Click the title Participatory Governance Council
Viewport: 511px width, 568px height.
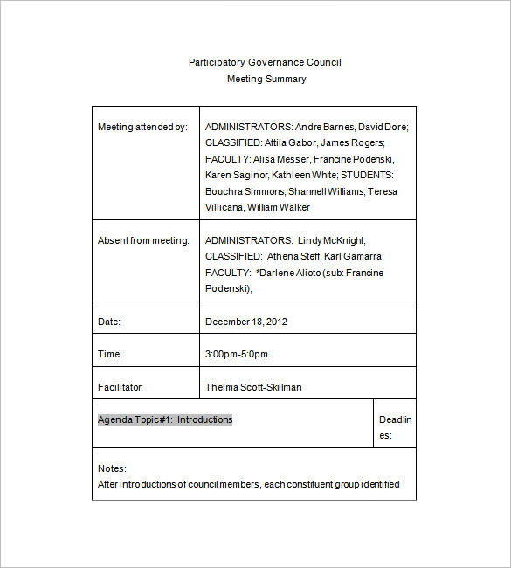point(265,62)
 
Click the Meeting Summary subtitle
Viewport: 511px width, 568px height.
point(266,79)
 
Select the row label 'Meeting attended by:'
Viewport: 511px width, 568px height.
point(142,127)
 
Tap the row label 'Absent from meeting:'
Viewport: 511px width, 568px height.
point(143,240)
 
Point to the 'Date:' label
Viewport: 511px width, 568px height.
point(109,322)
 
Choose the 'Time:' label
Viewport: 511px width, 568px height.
point(110,354)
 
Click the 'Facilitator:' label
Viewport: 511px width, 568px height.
point(121,387)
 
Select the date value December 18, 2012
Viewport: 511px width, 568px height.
point(246,322)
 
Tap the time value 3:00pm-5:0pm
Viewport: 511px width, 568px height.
point(237,354)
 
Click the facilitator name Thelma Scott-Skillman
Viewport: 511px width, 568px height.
point(253,387)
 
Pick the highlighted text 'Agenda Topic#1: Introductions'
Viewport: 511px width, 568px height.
point(165,419)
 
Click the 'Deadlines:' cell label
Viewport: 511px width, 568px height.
point(395,426)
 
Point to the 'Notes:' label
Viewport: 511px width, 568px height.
point(112,468)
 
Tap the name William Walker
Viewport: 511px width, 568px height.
point(279,207)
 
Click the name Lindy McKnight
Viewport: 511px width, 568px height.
point(331,240)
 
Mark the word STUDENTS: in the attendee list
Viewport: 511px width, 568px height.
point(374,175)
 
